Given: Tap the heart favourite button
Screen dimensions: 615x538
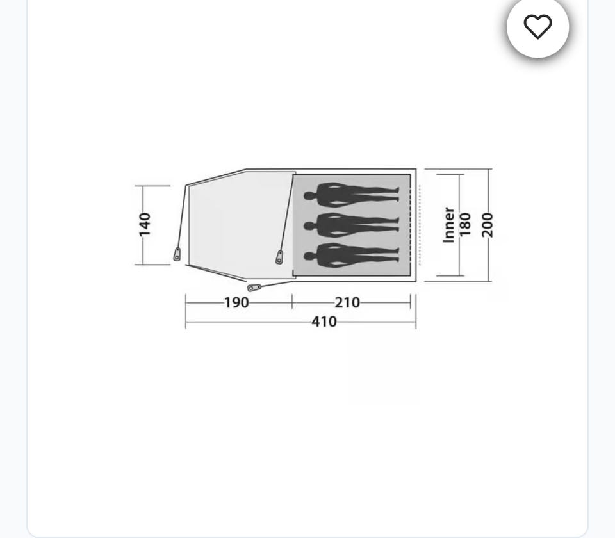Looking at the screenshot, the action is tap(537, 27).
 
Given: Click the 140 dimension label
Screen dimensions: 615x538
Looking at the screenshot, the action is tap(144, 225).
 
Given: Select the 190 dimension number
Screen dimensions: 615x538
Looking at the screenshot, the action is tap(236, 303).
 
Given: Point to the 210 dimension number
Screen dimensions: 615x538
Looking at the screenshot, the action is tap(347, 303).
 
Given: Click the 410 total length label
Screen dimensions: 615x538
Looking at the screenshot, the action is tap(324, 322).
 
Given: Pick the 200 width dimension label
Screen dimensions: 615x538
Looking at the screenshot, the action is tap(487, 225).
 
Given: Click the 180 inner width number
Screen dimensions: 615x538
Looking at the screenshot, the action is tap(464, 225).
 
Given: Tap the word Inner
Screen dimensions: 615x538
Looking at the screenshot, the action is tap(448, 225).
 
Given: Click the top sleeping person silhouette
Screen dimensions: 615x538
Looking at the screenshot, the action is tap(352, 195).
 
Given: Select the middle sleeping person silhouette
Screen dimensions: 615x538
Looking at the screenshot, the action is tap(352, 225).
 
